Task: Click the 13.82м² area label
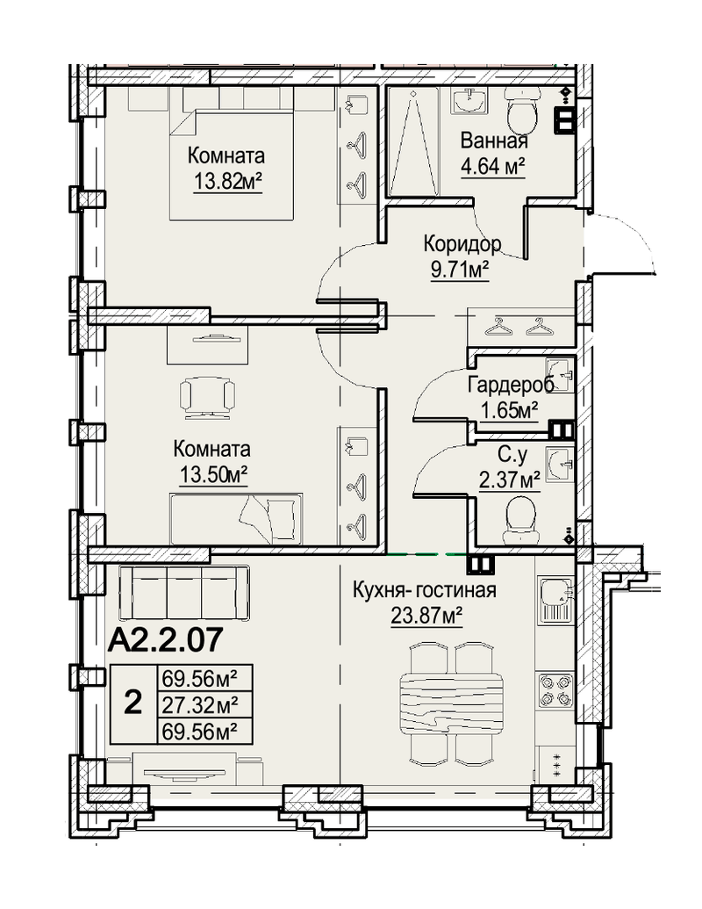227,182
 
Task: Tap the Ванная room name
494,141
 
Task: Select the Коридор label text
462,244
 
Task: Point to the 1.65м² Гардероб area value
510,410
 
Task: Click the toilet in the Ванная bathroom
523,110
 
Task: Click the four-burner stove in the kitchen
555,689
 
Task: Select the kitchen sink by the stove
555,600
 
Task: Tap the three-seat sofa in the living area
183,593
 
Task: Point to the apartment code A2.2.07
165,640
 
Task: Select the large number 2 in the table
133,703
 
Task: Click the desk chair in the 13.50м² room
207,397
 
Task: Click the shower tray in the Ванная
412,142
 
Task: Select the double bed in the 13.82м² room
231,166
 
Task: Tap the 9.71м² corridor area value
460,271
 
